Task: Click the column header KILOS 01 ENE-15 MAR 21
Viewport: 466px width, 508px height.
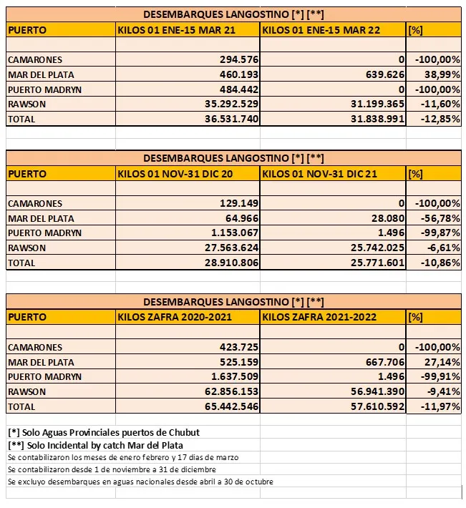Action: (x=176, y=30)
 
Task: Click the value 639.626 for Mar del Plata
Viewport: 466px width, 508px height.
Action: (x=380, y=74)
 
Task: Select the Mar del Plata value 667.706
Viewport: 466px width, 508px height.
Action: (x=380, y=362)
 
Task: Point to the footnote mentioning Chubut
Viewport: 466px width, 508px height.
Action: (x=104, y=432)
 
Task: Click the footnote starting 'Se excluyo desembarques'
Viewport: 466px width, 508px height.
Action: (x=140, y=482)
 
